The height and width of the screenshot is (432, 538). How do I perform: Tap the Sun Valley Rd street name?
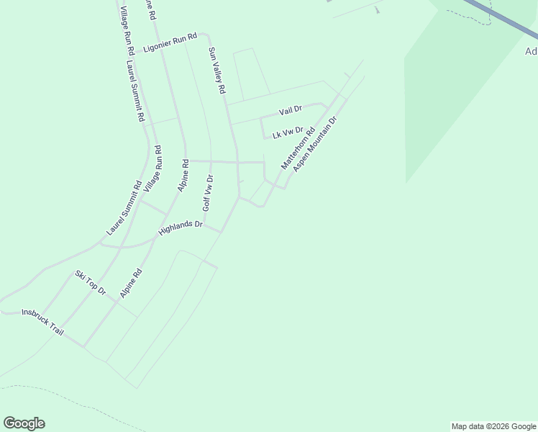(217, 71)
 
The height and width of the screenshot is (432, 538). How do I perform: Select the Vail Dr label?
(291, 110)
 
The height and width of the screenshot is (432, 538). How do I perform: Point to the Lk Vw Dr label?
(288, 132)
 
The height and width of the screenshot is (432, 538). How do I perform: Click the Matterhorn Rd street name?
(298, 149)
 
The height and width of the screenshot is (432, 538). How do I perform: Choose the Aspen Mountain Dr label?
(315, 146)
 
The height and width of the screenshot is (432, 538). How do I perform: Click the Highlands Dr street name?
(181, 228)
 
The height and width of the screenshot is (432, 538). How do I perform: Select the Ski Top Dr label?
(91, 283)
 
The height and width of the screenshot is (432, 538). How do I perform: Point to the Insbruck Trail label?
(43, 322)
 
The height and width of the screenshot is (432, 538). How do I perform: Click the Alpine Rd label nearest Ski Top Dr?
(132, 284)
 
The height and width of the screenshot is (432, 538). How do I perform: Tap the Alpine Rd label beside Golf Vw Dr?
(183, 175)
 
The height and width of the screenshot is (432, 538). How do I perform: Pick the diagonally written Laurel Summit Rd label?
(123, 208)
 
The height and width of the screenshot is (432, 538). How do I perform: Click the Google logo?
(24, 423)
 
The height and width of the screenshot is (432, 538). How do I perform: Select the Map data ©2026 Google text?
(493, 426)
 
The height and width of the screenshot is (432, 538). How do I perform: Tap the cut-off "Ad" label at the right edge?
(531, 52)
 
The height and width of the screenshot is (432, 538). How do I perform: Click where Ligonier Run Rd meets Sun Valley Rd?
(209, 34)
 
